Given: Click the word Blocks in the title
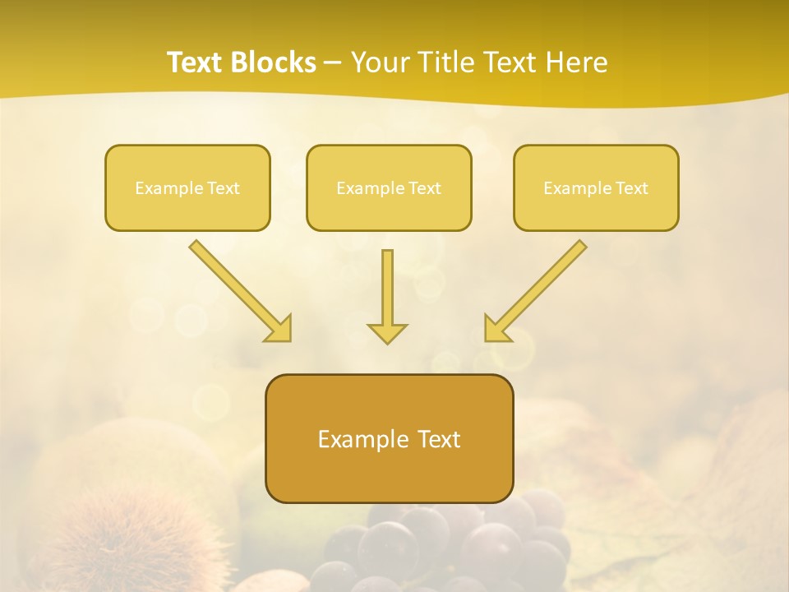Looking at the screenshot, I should [x=275, y=62].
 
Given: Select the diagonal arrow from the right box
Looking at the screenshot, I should [x=538, y=288].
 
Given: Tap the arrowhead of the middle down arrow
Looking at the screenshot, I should [x=387, y=333].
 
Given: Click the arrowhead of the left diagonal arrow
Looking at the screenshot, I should [x=279, y=329].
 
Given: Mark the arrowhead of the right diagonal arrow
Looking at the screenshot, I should [x=496, y=329].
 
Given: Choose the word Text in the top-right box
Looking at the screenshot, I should [x=631, y=188].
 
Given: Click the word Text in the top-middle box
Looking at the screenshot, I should [x=424, y=188].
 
